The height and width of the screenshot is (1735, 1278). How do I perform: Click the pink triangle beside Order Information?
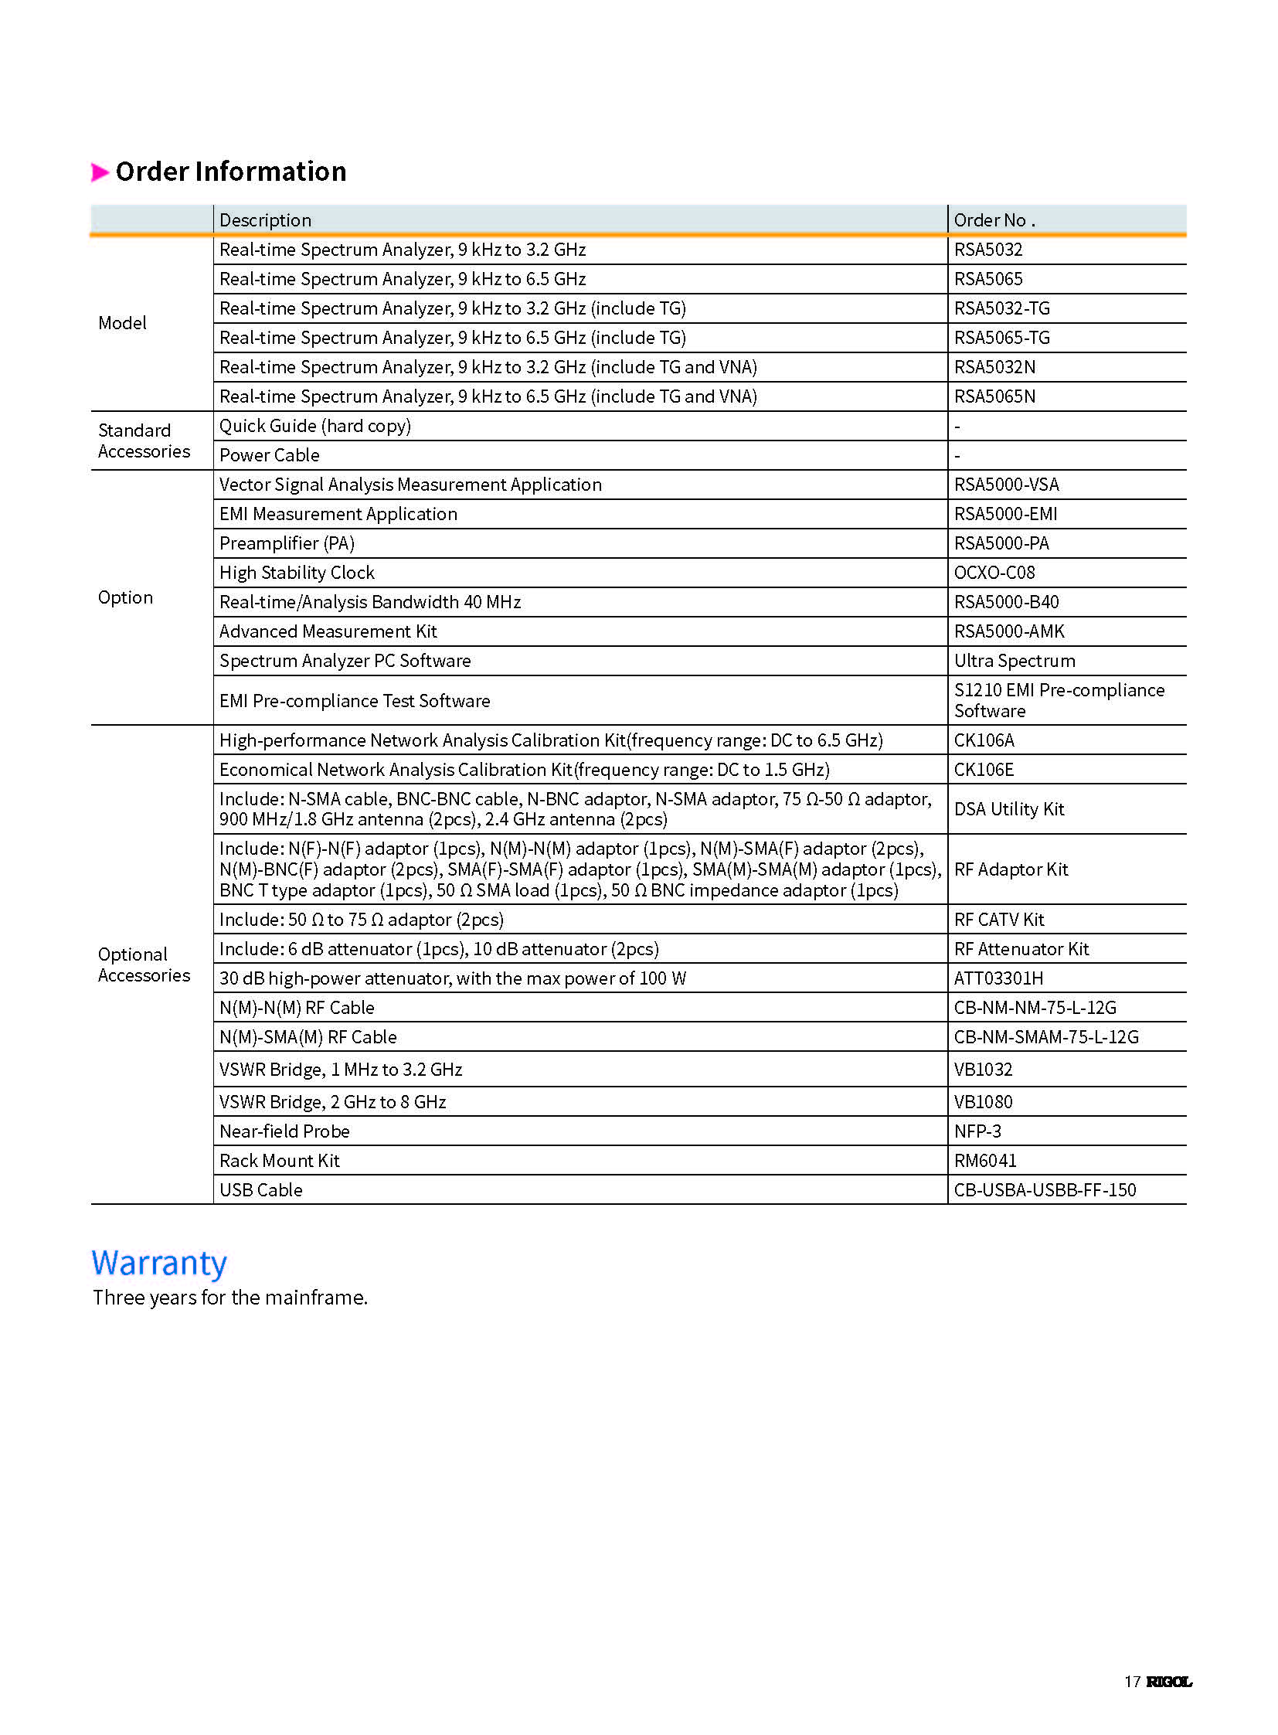(100, 172)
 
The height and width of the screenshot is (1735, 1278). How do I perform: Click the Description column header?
(265, 220)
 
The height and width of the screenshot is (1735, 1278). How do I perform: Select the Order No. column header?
(994, 220)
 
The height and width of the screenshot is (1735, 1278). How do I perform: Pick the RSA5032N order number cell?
(994, 368)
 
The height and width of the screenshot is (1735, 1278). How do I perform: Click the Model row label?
(122, 324)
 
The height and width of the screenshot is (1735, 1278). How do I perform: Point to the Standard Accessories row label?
(144, 441)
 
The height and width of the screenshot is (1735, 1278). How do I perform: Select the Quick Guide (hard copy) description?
(314, 427)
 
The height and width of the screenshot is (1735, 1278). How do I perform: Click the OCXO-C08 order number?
(994, 573)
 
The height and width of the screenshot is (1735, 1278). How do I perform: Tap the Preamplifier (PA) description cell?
(287, 544)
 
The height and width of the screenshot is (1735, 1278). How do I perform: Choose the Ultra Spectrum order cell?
(1015, 662)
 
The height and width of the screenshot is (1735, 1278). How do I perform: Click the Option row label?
(125, 598)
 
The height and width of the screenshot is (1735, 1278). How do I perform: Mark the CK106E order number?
(984, 771)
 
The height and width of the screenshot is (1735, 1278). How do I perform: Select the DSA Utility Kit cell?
(1009, 809)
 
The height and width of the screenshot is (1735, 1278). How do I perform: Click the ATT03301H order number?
(998, 979)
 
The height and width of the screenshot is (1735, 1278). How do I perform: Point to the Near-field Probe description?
(284, 1132)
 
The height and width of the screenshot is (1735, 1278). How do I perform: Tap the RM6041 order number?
(985, 1162)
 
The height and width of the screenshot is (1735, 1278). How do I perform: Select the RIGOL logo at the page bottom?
(1168, 1682)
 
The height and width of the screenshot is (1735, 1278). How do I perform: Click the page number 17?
(1132, 1682)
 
